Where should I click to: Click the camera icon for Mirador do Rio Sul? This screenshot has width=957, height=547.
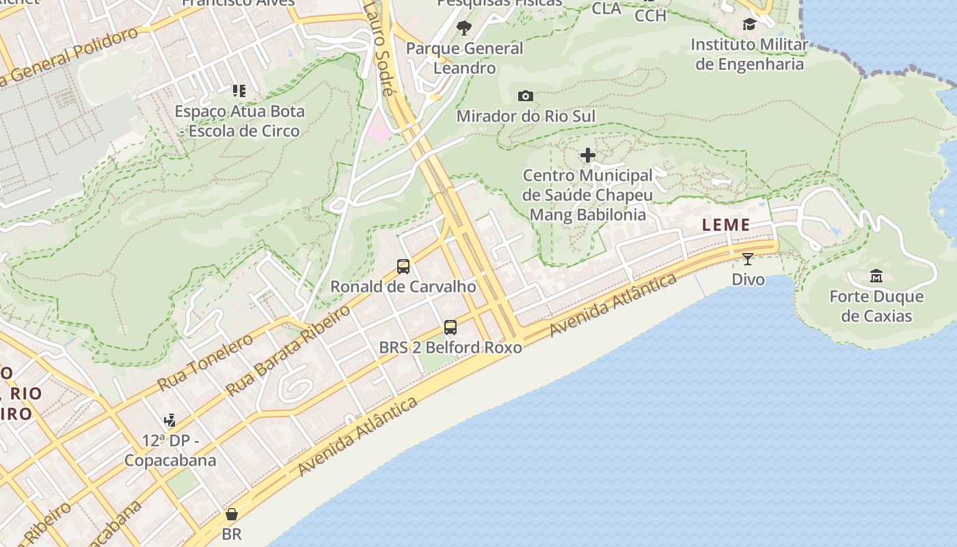(525, 96)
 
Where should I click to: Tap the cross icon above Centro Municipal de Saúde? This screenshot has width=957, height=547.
(587, 156)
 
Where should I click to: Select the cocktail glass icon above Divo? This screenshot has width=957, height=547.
(748, 259)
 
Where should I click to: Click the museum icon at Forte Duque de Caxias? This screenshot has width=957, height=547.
(876, 276)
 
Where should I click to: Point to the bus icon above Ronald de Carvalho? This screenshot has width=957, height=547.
(403, 267)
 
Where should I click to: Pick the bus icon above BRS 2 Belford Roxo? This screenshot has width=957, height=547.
(450, 328)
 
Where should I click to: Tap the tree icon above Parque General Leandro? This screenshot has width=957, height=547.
(464, 28)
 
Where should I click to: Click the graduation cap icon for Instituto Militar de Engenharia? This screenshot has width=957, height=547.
(749, 25)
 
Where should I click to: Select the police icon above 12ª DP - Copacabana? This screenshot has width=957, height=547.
(170, 421)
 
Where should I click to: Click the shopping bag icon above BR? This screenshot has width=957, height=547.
(232, 514)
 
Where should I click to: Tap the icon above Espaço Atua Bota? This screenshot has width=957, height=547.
(239, 90)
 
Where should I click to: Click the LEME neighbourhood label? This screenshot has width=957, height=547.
(726, 225)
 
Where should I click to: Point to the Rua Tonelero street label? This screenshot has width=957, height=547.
(205, 362)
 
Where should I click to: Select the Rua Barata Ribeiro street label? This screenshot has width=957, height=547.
(288, 350)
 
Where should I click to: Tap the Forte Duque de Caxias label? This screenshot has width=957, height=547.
(876, 306)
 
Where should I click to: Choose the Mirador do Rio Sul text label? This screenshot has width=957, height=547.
(526, 116)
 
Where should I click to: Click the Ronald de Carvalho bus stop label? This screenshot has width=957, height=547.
(403, 286)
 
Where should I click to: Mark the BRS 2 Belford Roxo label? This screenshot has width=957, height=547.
(450, 347)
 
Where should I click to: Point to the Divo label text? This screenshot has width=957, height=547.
(748, 279)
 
